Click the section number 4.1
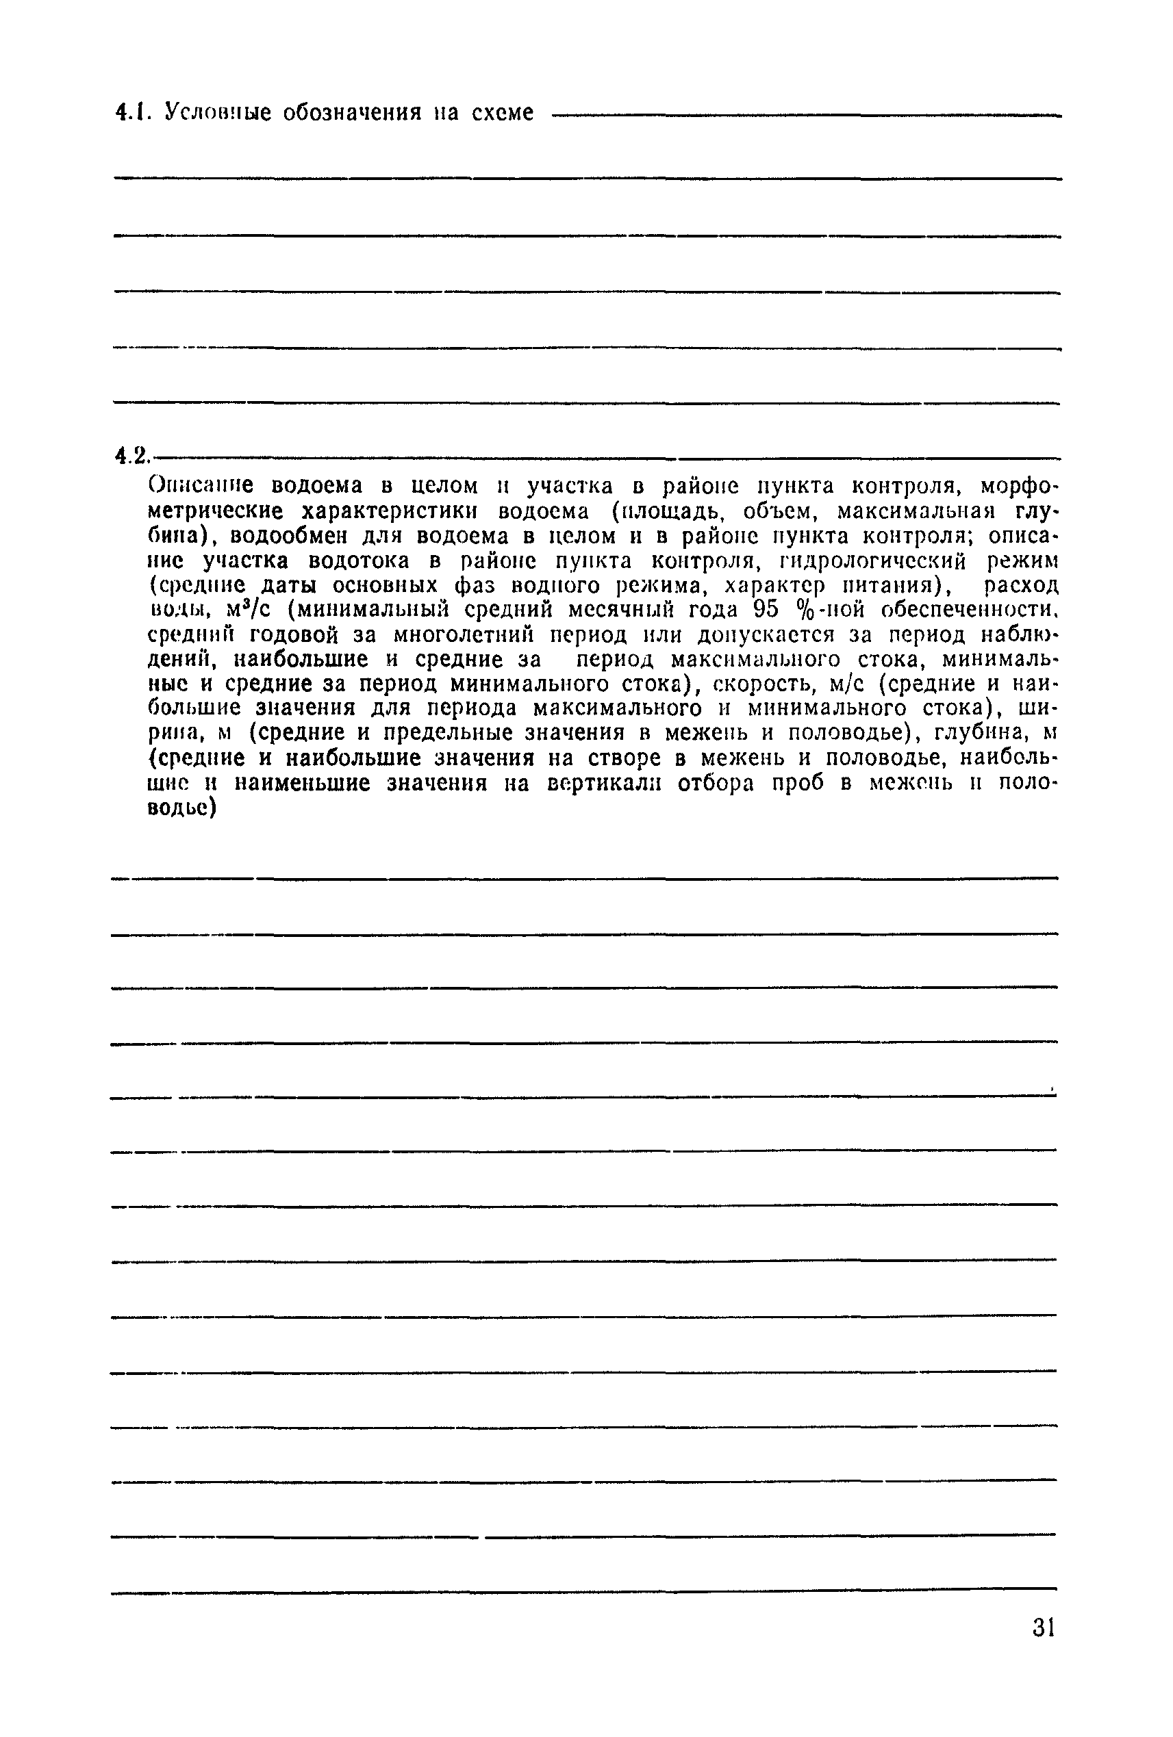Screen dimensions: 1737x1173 (133, 114)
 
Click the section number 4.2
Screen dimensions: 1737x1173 (133, 455)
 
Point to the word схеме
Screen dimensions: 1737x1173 (503, 114)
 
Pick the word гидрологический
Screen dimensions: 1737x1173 (854, 561)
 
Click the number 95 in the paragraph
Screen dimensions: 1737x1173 (766, 610)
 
